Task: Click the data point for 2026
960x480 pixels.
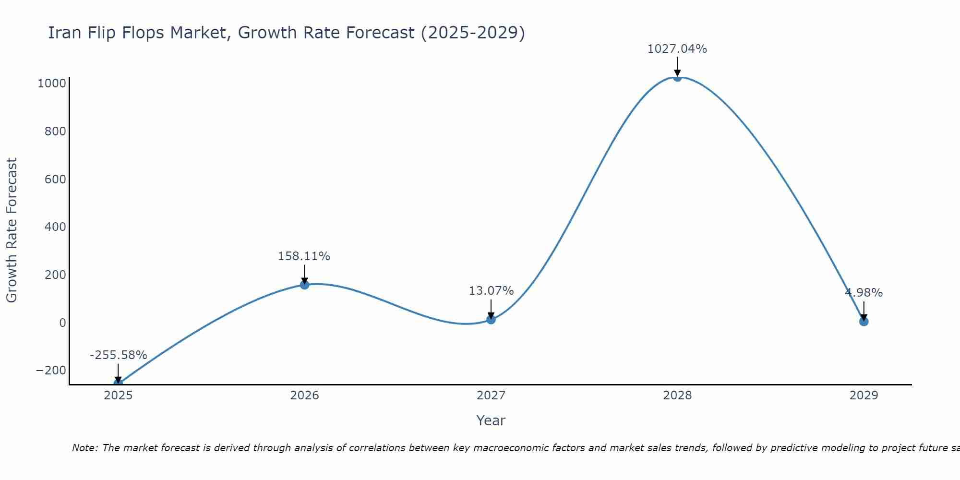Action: pos(304,285)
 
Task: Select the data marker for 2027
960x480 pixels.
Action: pos(491,319)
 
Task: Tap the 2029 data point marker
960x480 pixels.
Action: pos(864,321)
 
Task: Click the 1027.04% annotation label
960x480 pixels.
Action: pos(677,49)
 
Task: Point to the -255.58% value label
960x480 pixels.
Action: pos(118,355)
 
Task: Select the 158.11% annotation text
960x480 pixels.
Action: pos(304,256)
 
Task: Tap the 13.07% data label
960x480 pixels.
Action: pos(491,291)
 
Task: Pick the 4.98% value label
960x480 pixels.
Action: pos(864,293)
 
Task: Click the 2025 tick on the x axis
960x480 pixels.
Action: pos(118,396)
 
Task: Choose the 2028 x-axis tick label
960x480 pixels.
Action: pos(677,396)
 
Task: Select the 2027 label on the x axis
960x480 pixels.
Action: pos(491,396)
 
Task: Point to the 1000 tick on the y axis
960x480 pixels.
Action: pos(52,84)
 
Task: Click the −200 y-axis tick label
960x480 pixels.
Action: pos(51,371)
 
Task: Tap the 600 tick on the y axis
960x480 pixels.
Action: pos(55,179)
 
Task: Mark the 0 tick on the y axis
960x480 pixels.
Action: pos(62,323)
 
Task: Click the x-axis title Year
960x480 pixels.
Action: pos(491,421)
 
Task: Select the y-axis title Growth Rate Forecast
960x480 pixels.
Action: pos(12,230)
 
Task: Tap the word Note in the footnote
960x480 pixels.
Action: pos(84,448)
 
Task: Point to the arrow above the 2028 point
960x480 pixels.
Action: pos(677,66)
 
